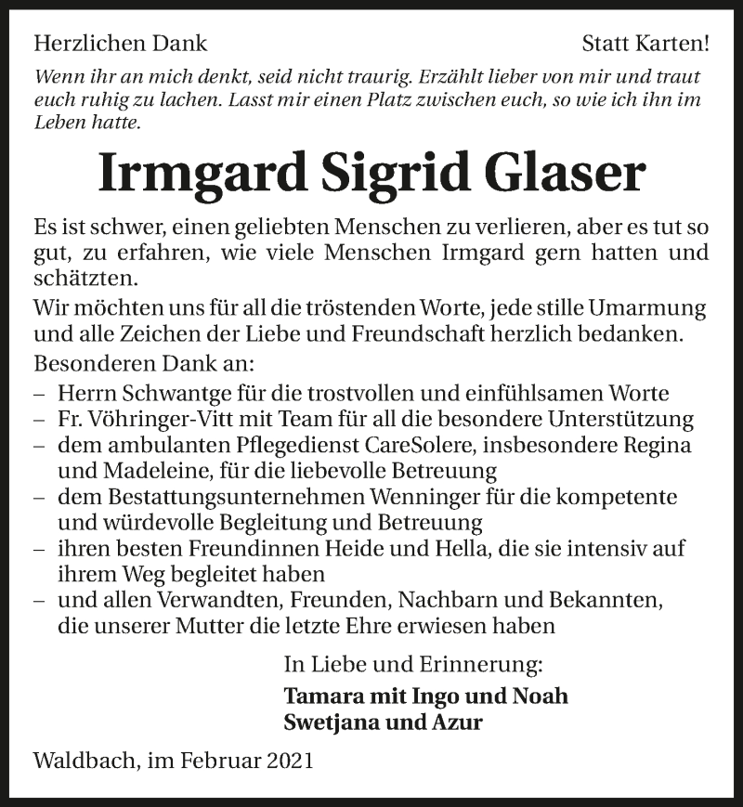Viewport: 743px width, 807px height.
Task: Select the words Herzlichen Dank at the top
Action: tap(120, 43)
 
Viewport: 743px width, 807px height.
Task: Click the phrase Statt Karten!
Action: tap(645, 43)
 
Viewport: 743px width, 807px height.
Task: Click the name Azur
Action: tap(458, 722)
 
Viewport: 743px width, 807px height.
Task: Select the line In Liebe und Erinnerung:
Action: tap(413, 665)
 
